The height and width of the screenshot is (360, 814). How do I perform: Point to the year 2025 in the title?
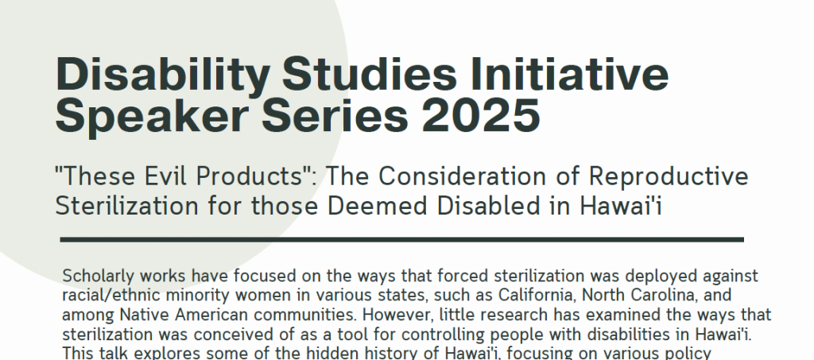tap(481, 114)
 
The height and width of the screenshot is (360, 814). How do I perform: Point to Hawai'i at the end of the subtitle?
tap(621, 206)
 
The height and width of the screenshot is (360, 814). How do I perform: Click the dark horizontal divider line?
tap(401, 240)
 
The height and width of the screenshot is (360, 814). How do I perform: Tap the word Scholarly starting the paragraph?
tap(98, 277)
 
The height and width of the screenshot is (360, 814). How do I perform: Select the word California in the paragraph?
tap(537, 295)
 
